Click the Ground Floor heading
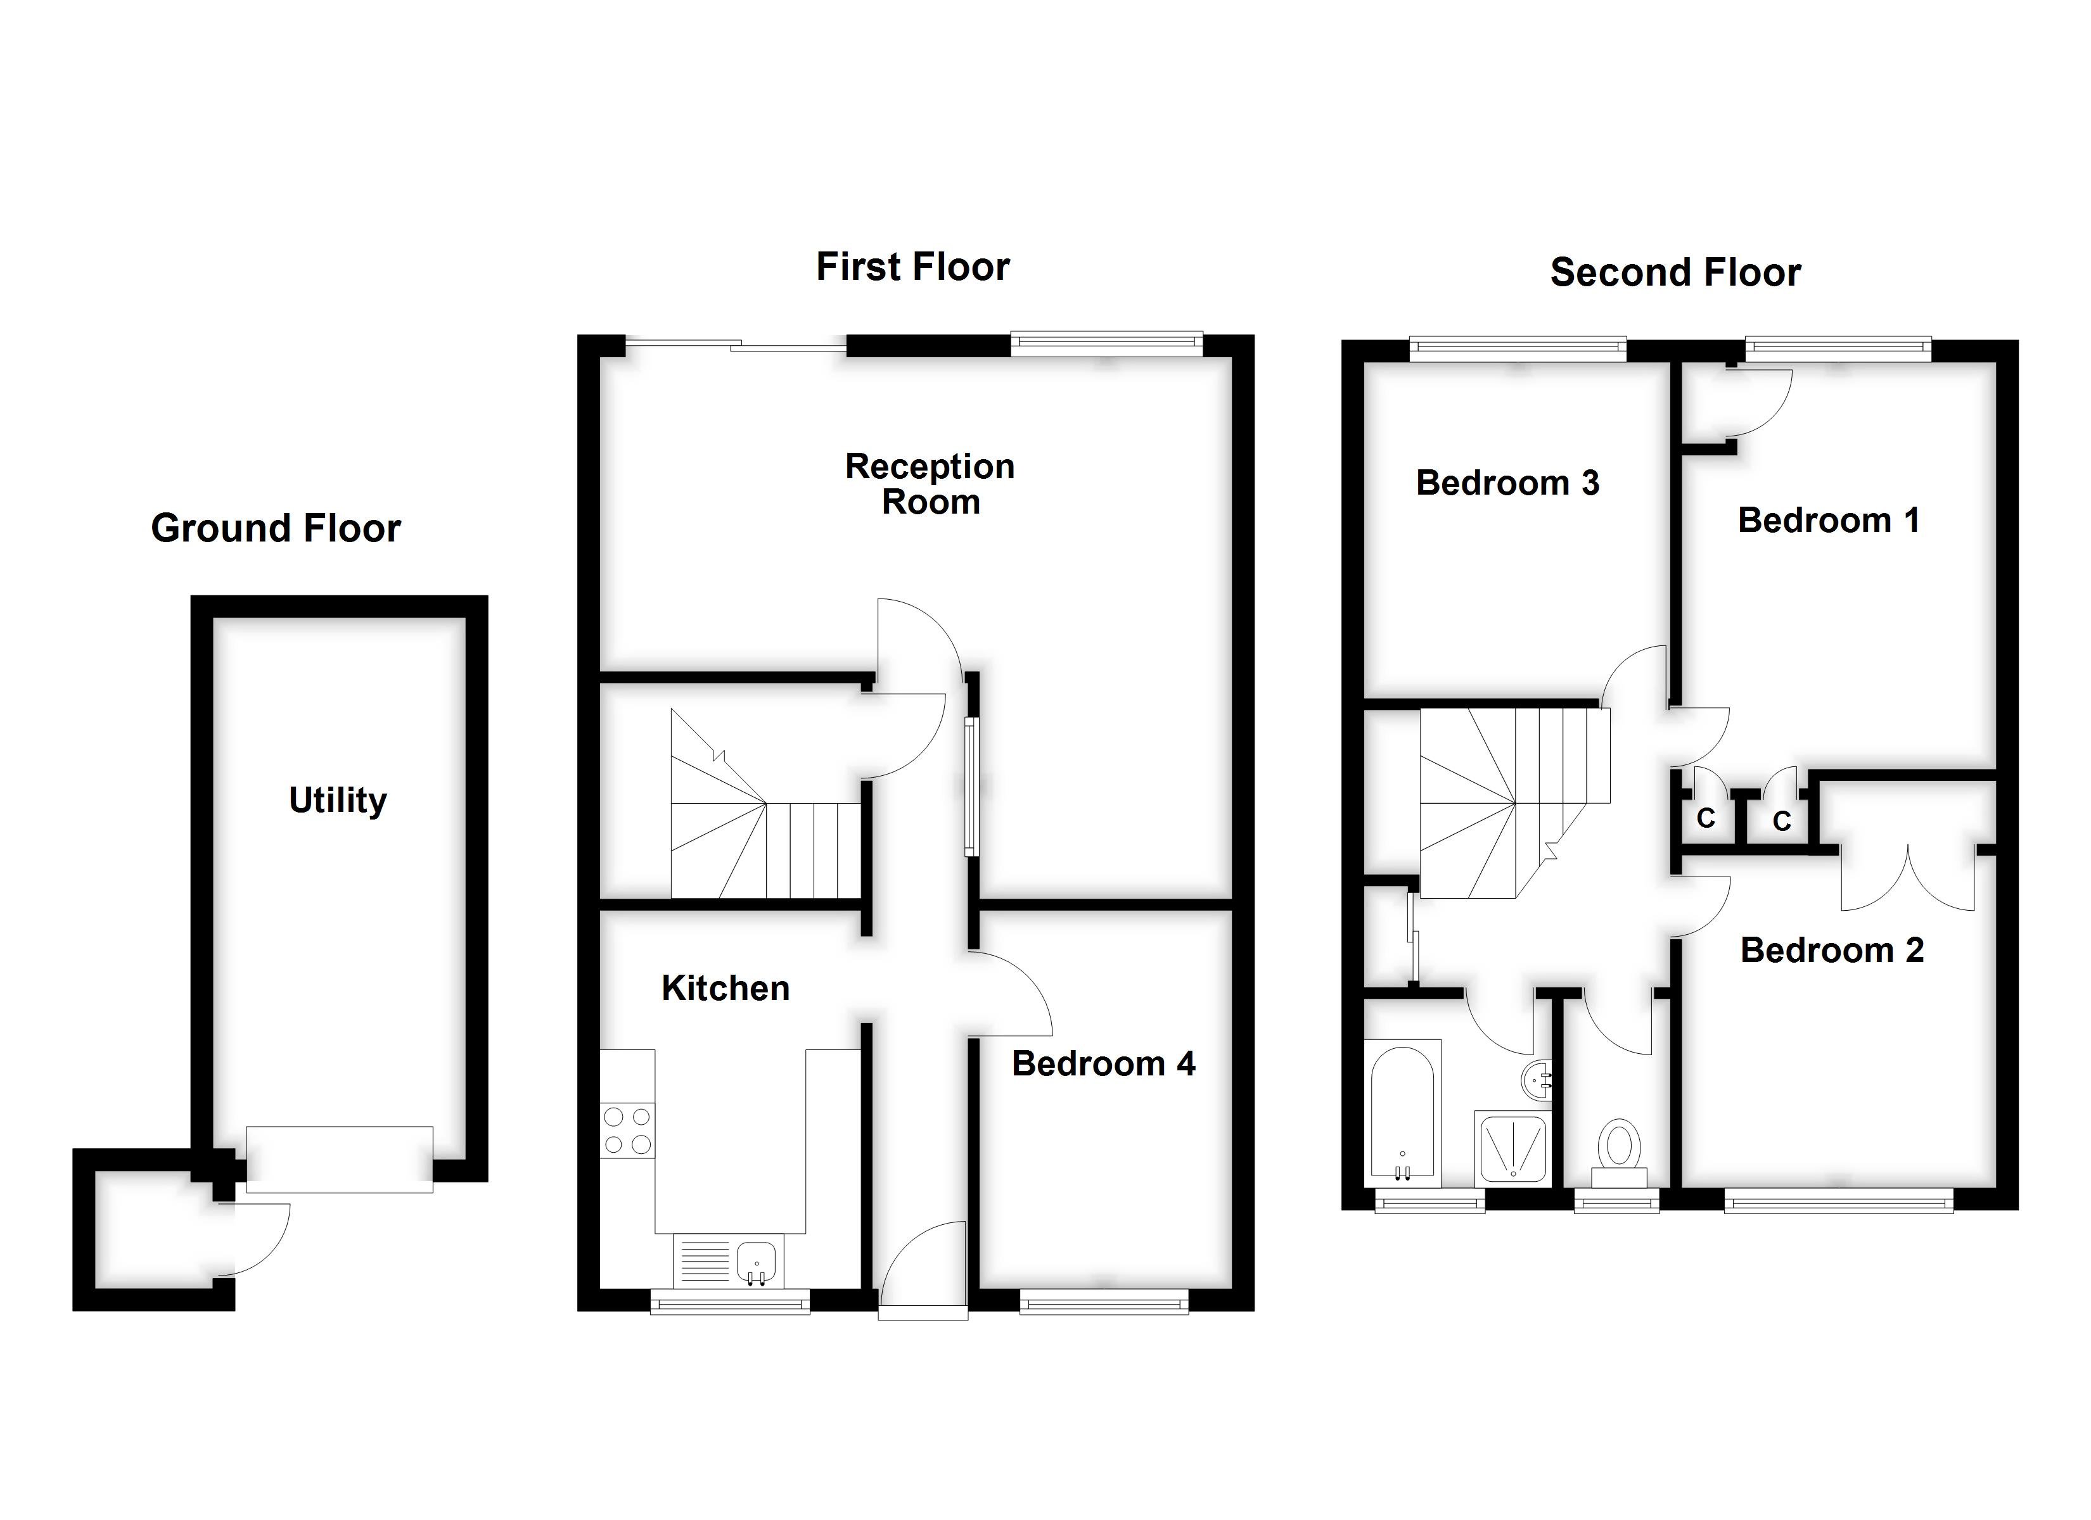(276, 528)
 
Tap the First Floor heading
(912, 267)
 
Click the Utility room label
(338, 800)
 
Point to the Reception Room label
(930, 484)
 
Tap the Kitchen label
(725, 988)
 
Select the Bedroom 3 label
(1507, 483)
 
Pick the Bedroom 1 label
(1827, 521)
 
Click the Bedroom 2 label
(1831, 951)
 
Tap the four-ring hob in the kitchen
(627, 1131)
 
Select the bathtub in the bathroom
(1402, 1113)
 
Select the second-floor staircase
(1512, 802)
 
